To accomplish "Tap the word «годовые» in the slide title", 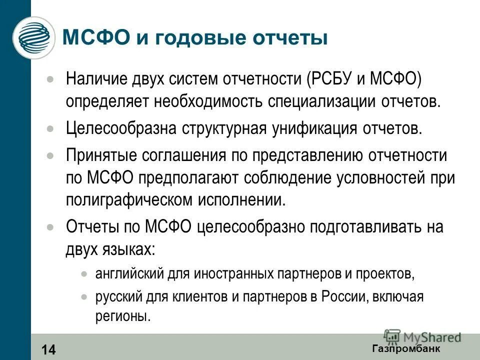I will [185, 38].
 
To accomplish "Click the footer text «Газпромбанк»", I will [406, 348].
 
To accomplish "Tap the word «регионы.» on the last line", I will [123, 316].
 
